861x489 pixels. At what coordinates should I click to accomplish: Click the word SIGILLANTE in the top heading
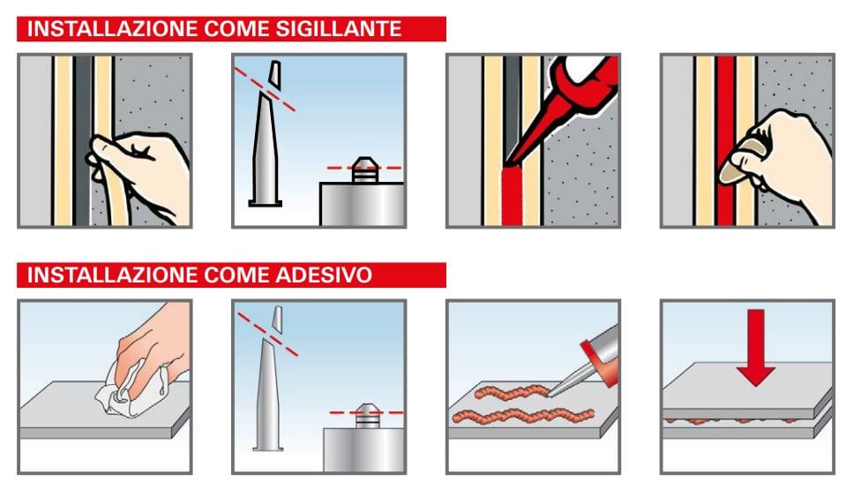click(x=339, y=28)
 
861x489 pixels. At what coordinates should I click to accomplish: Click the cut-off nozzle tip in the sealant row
click(x=274, y=75)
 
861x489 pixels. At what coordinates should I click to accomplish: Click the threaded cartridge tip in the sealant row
click(x=364, y=169)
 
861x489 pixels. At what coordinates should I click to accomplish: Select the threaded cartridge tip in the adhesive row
click(x=367, y=416)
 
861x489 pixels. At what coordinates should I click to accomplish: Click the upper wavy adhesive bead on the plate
click(x=513, y=392)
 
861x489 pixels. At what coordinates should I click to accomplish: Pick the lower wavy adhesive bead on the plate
click(x=523, y=416)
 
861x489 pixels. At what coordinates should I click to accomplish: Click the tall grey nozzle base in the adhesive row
click(x=268, y=395)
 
